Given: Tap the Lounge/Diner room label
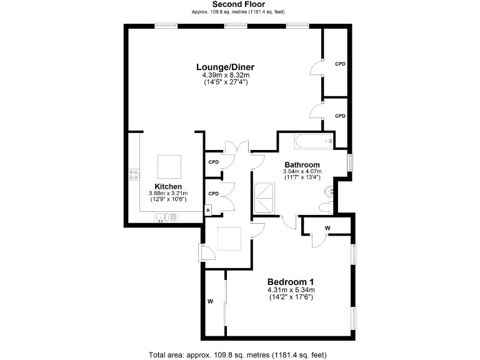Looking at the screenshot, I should (225, 67).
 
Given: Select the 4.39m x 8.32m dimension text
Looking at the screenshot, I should (225, 75).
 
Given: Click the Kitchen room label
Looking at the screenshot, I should (168, 187).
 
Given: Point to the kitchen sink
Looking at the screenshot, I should (164, 217).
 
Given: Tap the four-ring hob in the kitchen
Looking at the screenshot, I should (133, 175).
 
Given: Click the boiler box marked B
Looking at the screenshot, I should (208, 211).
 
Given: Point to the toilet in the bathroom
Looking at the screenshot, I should (326, 207).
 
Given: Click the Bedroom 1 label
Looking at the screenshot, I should (291, 281).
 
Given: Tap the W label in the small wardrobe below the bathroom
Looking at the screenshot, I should (327, 229).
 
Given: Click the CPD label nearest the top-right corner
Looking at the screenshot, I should (340, 64).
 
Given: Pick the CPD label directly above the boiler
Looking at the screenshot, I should (213, 194).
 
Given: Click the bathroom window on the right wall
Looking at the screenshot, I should (351, 161).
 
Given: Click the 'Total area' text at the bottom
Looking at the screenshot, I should (237, 354).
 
